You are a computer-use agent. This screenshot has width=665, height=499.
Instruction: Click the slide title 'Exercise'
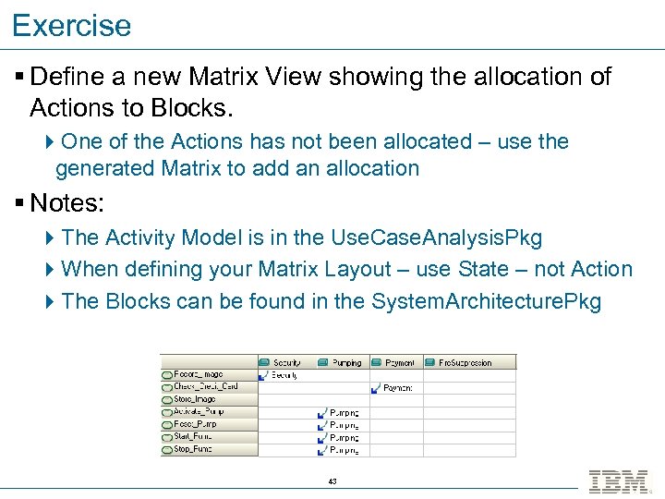(x=72, y=25)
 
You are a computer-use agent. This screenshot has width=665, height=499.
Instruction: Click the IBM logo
(x=619, y=481)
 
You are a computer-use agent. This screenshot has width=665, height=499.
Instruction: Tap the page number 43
(x=332, y=481)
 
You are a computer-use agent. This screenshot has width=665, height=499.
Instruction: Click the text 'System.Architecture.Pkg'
(x=487, y=301)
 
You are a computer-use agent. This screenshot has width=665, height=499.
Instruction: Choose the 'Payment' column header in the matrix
(x=399, y=363)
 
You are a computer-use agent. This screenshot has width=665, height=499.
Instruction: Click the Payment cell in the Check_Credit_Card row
(x=397, y=388)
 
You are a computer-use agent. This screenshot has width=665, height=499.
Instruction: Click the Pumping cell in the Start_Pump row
(x=343, y=437)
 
